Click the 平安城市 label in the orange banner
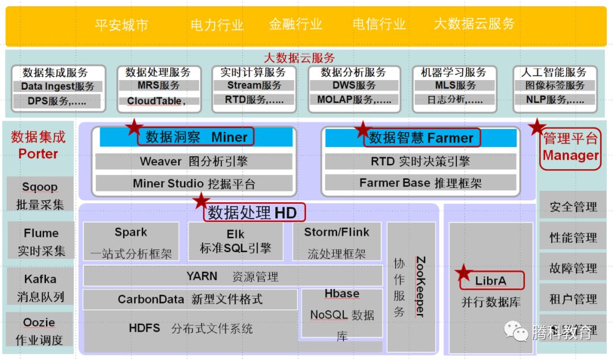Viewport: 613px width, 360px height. (121, 25)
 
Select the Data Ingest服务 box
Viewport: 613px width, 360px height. (57, 87)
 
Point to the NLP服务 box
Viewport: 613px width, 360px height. (554, 101)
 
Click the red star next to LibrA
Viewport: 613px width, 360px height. (464, 273)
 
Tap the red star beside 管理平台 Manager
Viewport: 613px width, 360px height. (536, 127)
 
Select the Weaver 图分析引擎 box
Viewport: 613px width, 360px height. (194, 162)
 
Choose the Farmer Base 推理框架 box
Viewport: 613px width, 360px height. (421, 183)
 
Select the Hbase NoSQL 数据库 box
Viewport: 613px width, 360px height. (342, 315)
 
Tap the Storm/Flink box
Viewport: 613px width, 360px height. (337, 241)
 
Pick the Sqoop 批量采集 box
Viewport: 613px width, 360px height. (40, 195)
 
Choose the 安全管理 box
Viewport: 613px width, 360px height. (573, 207)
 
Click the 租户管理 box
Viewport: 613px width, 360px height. (573, 299)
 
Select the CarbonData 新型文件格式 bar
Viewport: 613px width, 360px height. (190, 299)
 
